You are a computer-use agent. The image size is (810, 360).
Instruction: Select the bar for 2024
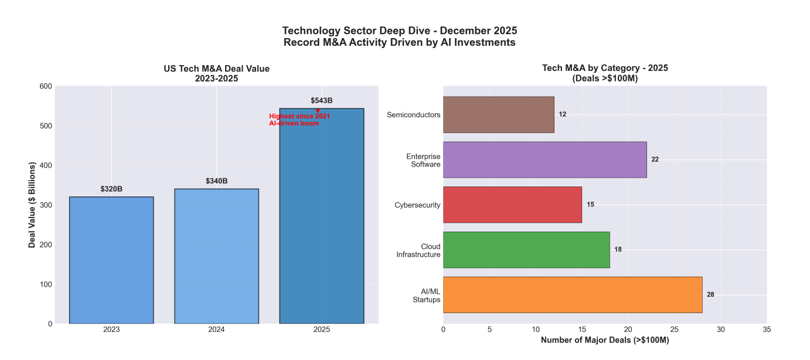(216, 256)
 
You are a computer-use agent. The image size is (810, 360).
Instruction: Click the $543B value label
(322, 101)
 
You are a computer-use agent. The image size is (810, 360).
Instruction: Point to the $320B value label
(111, 189)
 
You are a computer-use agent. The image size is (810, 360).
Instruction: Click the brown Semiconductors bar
(498, 114)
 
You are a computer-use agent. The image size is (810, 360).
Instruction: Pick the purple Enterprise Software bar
(544, 159)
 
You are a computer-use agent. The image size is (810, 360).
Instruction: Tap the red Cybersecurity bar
(512, 205)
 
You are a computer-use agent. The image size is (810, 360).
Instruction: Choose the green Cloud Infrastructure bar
(526, 250)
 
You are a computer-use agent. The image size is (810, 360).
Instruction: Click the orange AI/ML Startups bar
(572, 295)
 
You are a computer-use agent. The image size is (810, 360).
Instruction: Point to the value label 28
(710, 295)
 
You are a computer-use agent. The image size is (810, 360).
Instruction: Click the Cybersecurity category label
(417, 205)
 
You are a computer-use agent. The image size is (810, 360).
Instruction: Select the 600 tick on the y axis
(46, 87)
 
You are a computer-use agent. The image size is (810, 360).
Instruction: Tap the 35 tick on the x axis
(767, 330)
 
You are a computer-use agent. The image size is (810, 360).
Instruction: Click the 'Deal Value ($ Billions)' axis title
(32, 205)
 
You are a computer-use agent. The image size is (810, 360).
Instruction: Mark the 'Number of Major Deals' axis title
(605, 341)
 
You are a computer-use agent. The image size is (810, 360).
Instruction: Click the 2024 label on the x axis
(216, 330)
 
